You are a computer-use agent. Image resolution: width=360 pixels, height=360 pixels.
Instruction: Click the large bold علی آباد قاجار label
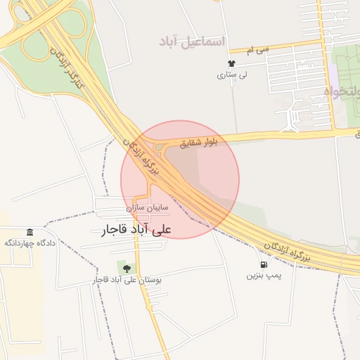136,229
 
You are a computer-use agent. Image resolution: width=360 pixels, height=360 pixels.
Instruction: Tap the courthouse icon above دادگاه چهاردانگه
30,233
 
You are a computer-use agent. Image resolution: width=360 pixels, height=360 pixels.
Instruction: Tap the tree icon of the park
127,268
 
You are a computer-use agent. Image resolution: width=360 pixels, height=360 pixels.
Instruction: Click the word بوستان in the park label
151,280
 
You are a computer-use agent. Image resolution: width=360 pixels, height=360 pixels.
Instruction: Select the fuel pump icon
263,265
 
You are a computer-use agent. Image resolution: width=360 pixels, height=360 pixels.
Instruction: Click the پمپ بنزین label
263,276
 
